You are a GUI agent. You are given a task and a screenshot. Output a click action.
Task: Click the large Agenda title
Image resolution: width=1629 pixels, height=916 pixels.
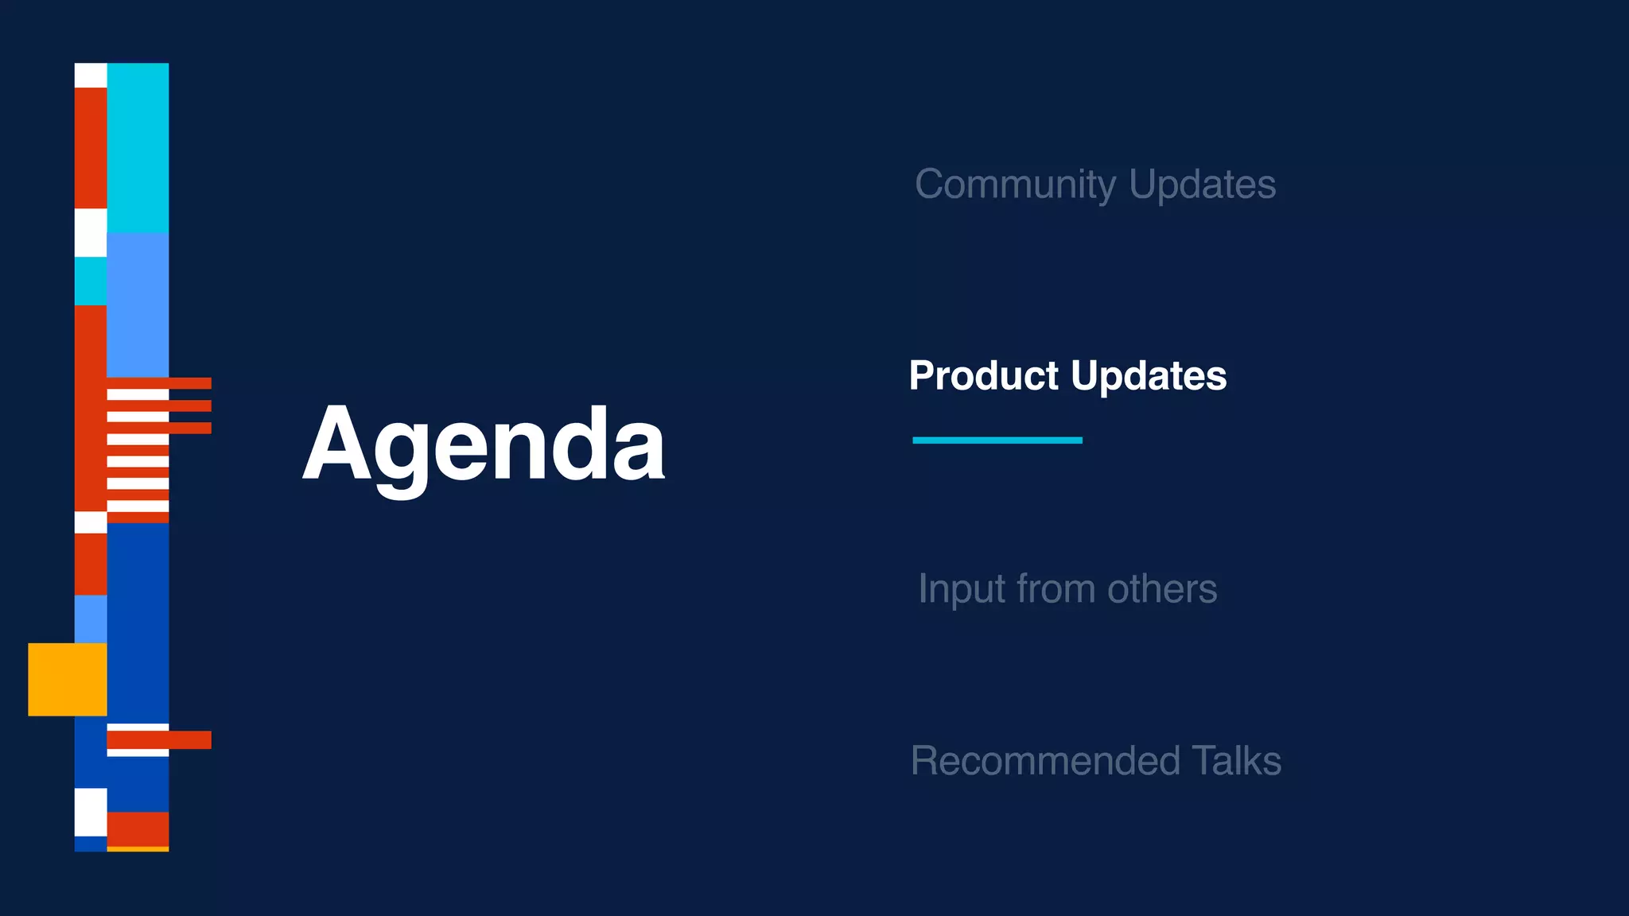(x=483, y=445)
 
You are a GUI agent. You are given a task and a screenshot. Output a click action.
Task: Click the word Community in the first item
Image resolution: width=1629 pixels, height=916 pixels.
(x=1016, y=184)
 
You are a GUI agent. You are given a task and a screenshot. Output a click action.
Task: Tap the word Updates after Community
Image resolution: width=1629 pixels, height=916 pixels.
(x=1202, y=184)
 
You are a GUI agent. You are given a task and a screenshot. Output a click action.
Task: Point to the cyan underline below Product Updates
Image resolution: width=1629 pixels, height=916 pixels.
(x=997, y=440)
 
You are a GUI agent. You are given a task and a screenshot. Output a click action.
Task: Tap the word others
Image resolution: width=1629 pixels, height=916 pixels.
(x=1162, y=589)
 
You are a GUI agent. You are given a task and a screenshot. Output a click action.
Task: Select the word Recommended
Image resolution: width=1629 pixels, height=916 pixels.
(x=1044, y=761)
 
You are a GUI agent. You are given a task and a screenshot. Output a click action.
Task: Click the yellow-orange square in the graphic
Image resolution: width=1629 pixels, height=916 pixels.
(x=68, y=679)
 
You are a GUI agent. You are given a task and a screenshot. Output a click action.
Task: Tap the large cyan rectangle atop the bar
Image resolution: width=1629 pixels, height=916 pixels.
(x=138, y=147)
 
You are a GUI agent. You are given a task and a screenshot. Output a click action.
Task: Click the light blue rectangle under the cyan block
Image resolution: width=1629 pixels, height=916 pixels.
(x=138, y=304)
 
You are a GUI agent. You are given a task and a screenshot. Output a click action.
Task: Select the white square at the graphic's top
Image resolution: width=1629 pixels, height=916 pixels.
(x=91, y=75)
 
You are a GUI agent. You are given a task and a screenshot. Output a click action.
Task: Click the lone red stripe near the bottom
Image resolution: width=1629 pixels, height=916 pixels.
(x=159, y=739)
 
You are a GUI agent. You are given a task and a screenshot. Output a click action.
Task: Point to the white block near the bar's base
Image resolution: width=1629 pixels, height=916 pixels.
(x=91, y=811)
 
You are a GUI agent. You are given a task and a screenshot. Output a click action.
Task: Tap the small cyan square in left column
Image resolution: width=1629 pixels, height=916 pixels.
(x=91, y=281)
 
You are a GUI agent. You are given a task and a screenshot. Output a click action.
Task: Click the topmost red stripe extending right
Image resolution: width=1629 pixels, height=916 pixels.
(x=189, y=383)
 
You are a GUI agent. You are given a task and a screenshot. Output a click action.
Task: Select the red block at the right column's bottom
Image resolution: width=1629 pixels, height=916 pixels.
(x=138, y=829)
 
